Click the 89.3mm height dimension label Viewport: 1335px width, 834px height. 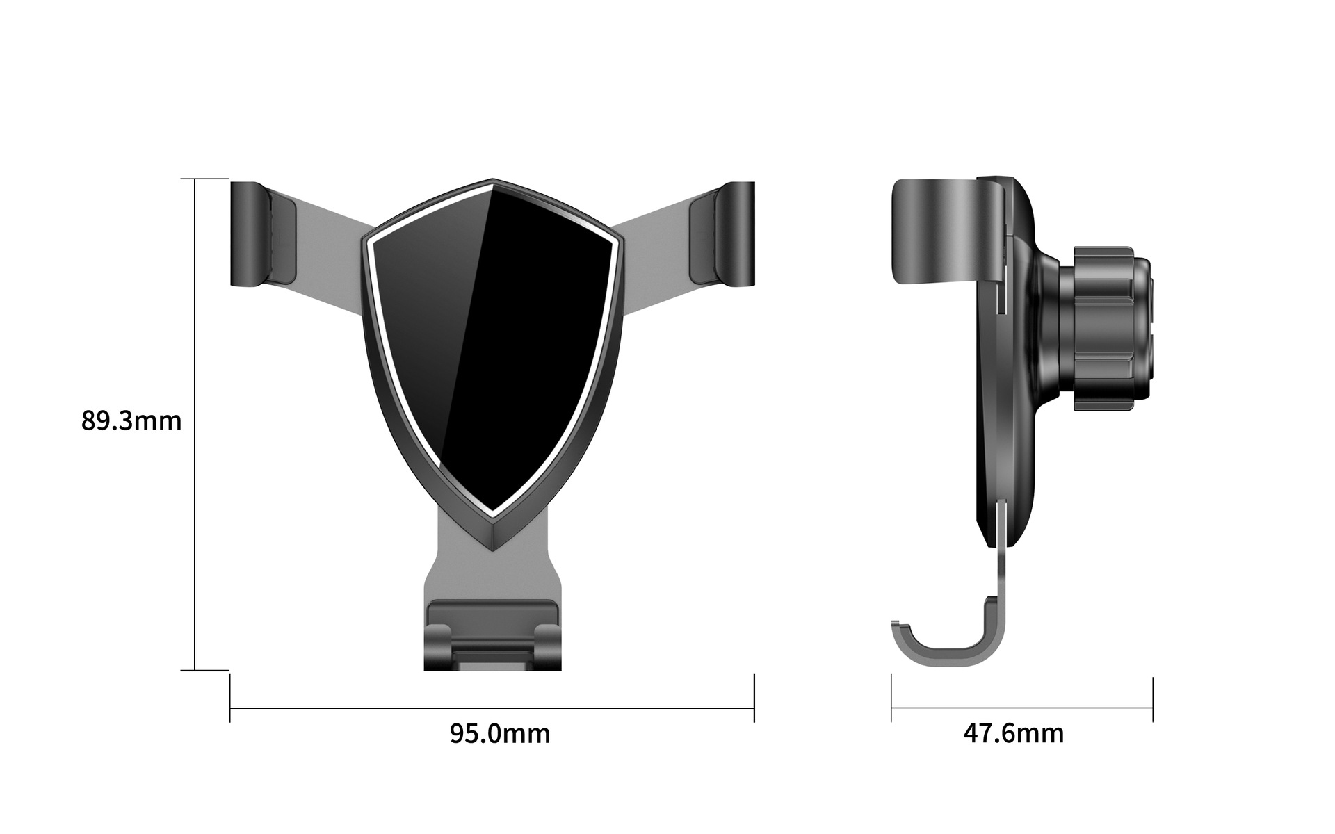click(x=131, y=421)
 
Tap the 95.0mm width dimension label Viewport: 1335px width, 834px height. click(x=500, y=734)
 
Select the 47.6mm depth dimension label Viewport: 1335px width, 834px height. click(x=1013, y=734)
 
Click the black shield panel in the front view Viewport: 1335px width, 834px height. click(x=492, y=347)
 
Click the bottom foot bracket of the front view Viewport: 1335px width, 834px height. click(x=492, y=636)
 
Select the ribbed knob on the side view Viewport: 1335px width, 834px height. click(x=1106, y=328)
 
